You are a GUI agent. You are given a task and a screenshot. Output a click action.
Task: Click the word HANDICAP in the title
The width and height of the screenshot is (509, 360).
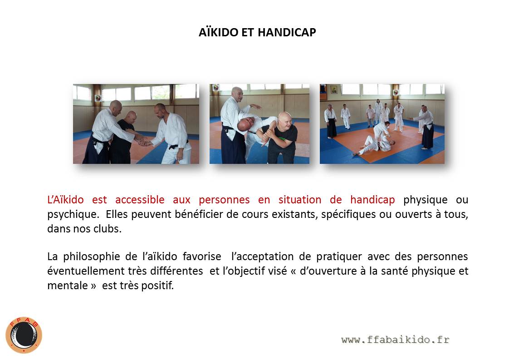[x=287, y=32]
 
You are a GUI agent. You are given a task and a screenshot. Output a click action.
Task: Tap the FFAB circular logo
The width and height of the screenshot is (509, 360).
[x=24, y=335]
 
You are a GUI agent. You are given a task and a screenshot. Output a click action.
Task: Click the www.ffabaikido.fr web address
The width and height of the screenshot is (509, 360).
[x=396, y=340]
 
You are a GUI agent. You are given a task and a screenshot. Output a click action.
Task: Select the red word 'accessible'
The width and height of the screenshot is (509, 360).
[x=140, y=199]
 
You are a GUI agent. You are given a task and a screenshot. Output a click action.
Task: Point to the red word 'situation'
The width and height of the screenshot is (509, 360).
[x=299, y=199]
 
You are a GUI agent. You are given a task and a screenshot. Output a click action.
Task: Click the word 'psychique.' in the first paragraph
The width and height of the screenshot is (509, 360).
[x=73, y=214]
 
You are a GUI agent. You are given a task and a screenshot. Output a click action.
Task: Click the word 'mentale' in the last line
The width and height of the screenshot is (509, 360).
[x=68, y=285]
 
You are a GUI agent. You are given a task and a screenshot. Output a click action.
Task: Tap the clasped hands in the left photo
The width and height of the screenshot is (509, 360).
[x=143, y=141]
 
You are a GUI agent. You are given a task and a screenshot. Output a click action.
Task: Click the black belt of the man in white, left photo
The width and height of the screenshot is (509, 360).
[x=178, y=145]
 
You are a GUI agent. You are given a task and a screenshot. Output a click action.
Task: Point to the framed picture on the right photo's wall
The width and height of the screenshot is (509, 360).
[x=334, y=89]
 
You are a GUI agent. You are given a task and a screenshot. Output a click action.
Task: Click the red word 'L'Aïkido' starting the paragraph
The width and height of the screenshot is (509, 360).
[x=66, y=199]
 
